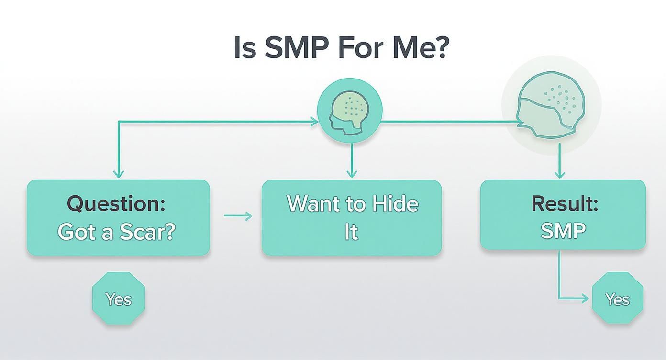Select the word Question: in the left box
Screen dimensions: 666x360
[x=116, y=204]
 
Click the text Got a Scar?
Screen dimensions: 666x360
[x=116, y=232]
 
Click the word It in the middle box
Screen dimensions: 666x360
[x=351, y=232]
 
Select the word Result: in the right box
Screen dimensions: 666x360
[x=565, y=203]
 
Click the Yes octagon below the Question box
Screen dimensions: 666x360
[x=119, y=298]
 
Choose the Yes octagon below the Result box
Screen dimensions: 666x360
[x=617, y=298]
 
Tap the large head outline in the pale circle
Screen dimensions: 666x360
[x=551, y=105]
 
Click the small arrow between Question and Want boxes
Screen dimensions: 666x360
[x=238, y=216]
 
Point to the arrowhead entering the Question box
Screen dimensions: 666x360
[x=119, y=174]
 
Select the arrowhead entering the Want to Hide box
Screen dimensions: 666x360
[x=352, y=174]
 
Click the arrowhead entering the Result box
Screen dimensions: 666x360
[x=560, y=174]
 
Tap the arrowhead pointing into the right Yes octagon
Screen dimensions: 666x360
[x=585, y=298]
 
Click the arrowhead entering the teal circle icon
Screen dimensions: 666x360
[x=314, y=121]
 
